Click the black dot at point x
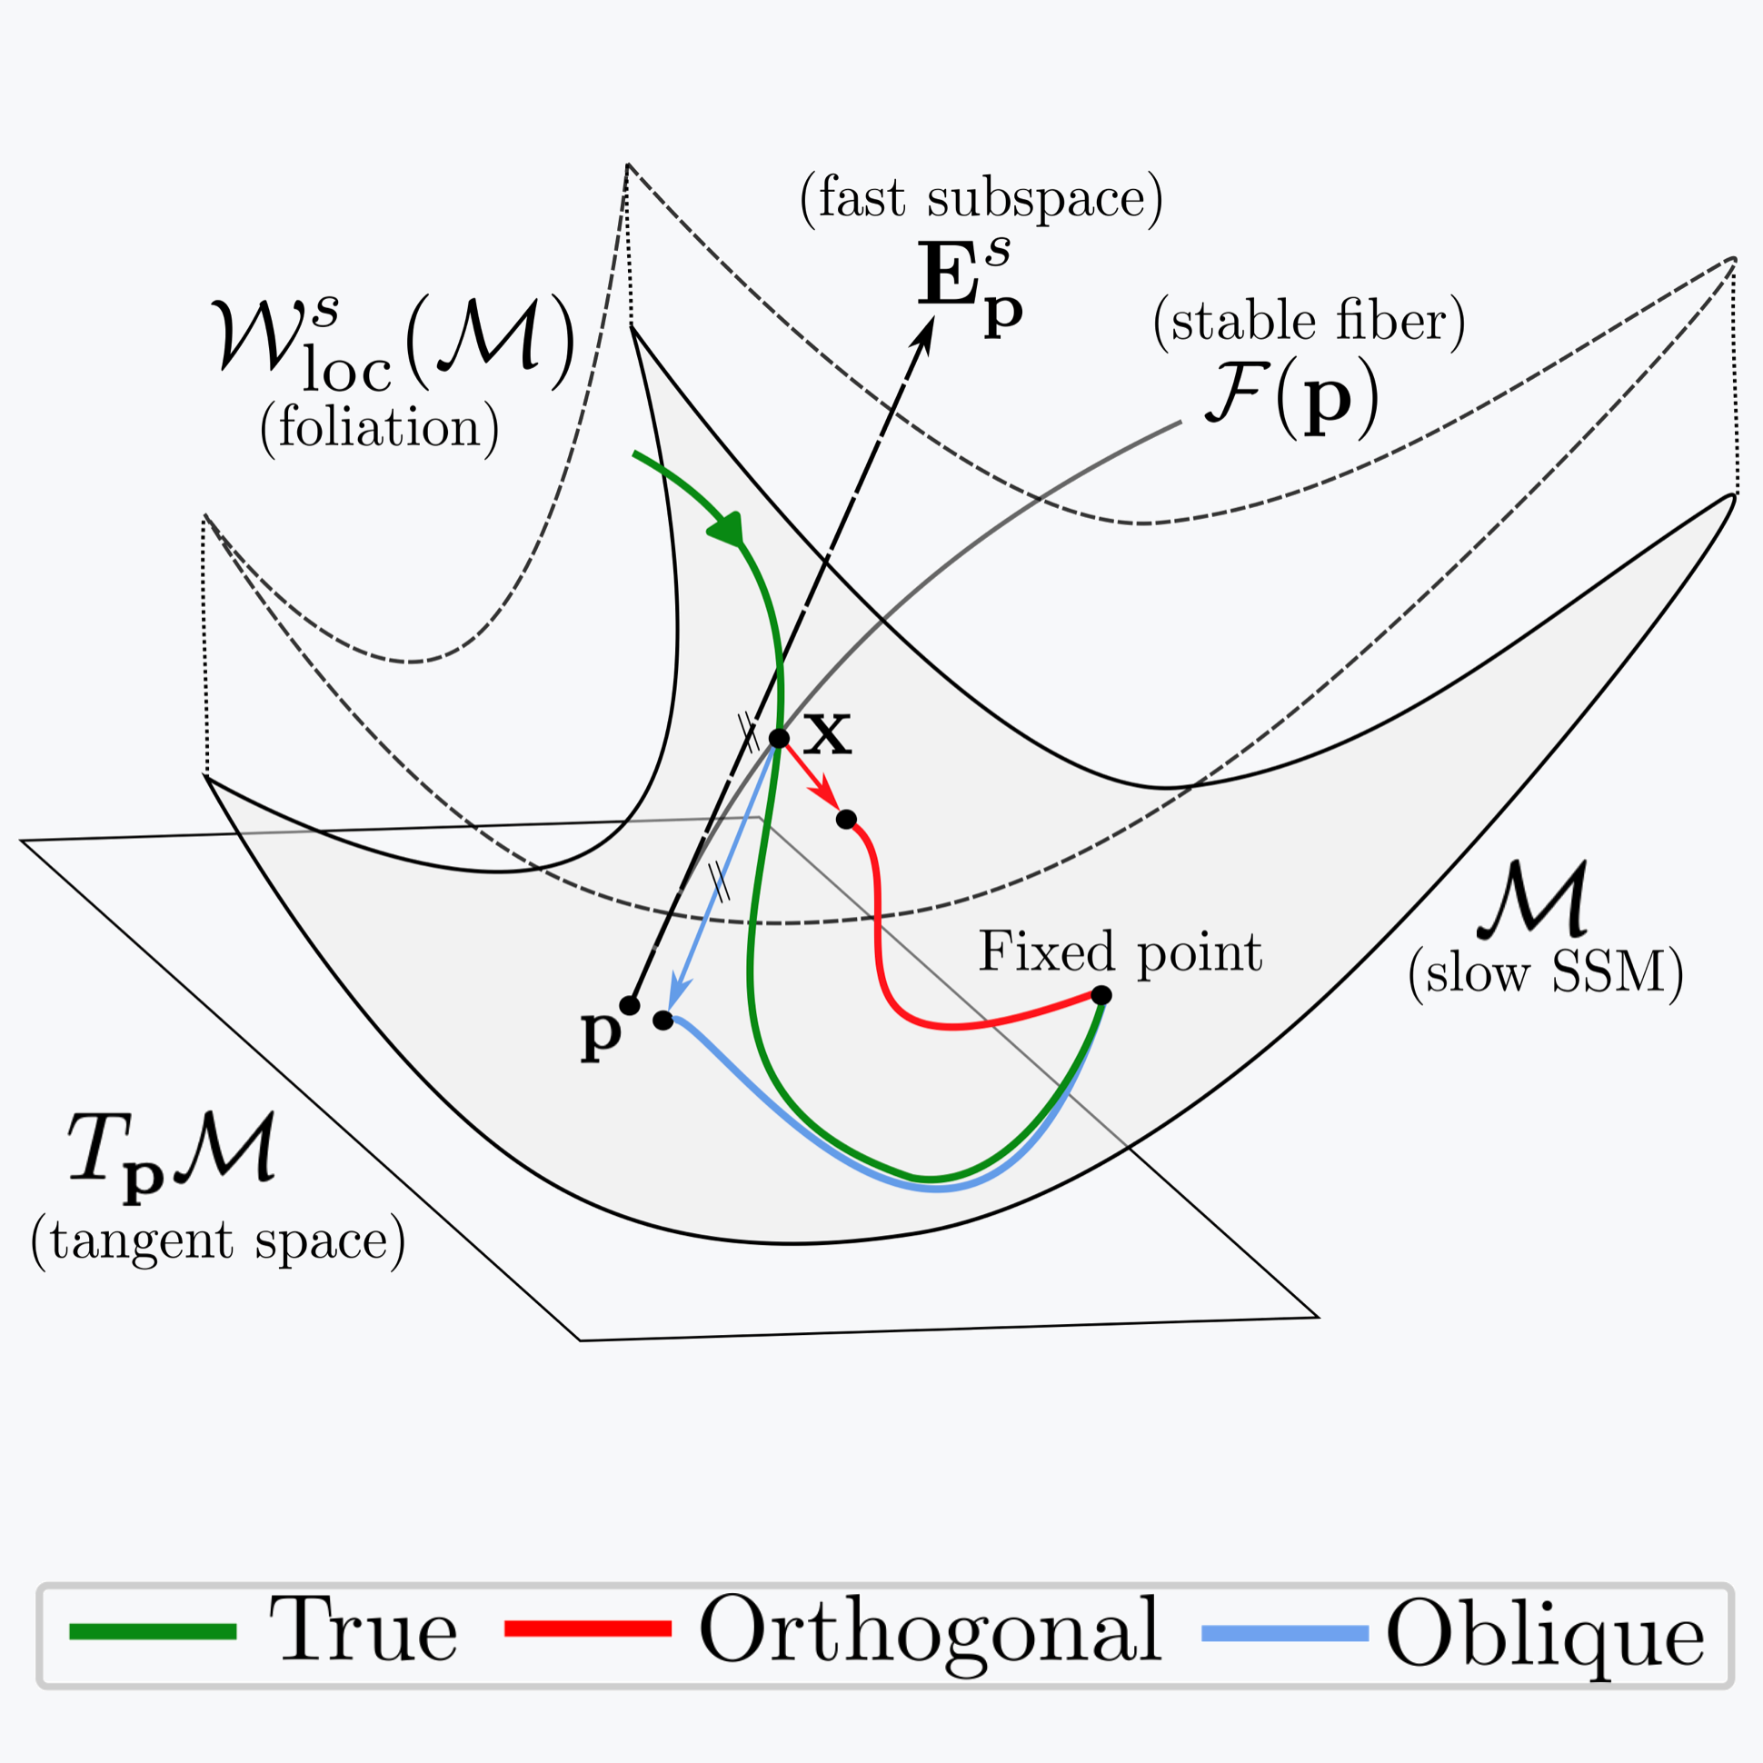point(779,738)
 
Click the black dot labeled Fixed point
point(1101,995)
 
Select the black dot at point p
point(630,1006)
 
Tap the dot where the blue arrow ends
point(663,1021)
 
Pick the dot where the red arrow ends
point(846,819)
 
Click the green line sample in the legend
point(154,1631)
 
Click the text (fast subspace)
point(981,198)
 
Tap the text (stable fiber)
point(1310,321)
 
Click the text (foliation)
point(379,427)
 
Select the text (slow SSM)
point(1545,973)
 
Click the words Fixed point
point(1120,951)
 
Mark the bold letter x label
point(827,734)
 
